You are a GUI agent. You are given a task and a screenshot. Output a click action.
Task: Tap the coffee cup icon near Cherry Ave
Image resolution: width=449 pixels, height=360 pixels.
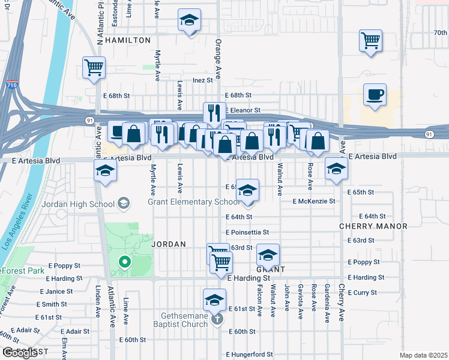click(375, 95)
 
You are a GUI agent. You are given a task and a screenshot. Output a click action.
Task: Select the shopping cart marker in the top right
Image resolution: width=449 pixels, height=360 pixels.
click(371, 41)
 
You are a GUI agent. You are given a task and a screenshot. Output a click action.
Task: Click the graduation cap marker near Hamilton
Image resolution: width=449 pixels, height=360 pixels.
click(189, 22)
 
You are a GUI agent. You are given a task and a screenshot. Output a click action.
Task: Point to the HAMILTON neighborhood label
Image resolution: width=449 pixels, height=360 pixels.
click(128, 40)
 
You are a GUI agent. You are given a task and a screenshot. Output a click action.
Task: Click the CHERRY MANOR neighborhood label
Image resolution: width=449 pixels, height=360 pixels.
click(373, 226)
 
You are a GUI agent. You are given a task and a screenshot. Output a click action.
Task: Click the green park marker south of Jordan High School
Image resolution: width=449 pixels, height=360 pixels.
click(125, 262)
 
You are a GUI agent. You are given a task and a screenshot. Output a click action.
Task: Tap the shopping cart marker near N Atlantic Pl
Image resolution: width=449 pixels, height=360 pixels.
click(94, 68)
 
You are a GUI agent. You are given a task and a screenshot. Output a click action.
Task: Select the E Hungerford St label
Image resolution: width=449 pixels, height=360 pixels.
click(250, 355)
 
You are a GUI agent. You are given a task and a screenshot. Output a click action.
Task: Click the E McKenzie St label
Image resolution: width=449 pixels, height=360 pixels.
click(314, 202)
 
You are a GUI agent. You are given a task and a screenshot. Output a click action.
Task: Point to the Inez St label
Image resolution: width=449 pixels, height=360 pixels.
click(203, 80)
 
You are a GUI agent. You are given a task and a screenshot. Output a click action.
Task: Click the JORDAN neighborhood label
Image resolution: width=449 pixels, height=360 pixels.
click(169, 244)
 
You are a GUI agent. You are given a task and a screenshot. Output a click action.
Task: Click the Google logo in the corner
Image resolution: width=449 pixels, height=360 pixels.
click(20, 353)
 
